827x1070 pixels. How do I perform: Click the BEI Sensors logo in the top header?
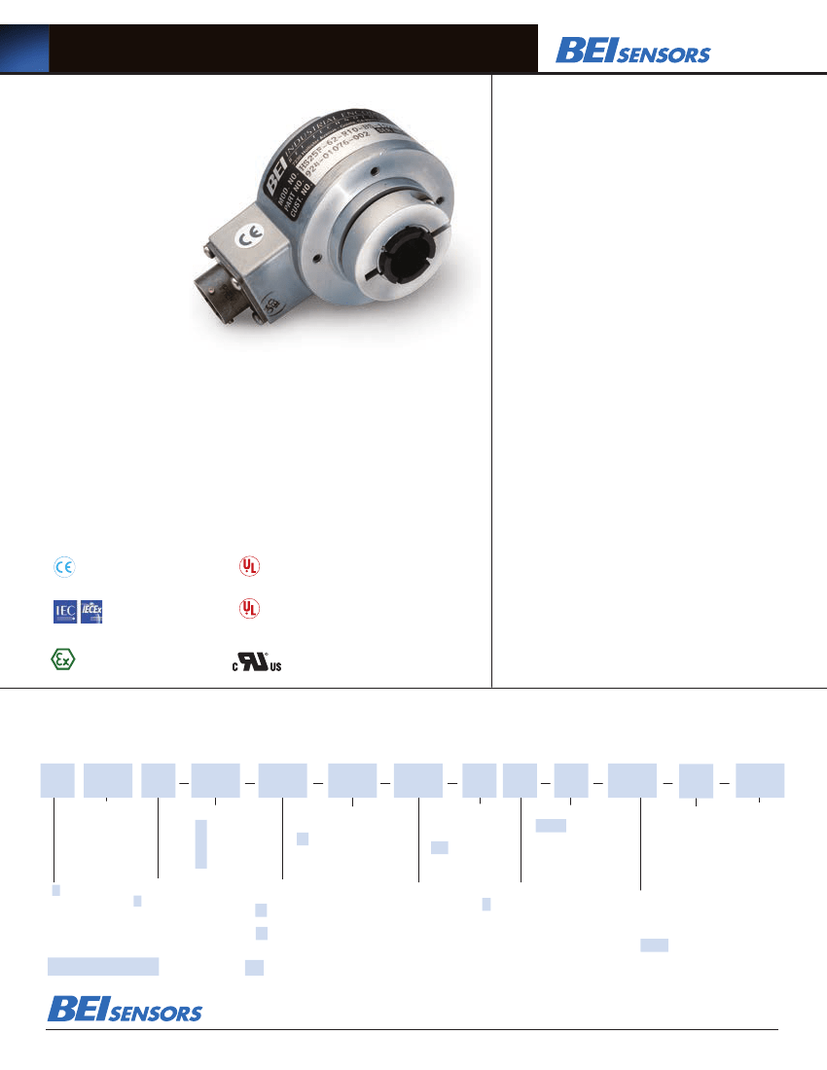(x=632, y=51)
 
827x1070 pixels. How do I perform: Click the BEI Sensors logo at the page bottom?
(x=125, y=1010)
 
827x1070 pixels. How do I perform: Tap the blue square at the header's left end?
(x=24, y=49)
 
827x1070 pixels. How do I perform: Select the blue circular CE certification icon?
(x=64, y=566)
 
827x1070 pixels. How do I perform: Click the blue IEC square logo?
(x=65, y=612)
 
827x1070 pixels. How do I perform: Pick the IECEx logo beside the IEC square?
(x=92, y=612)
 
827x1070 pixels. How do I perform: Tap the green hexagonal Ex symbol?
(x=62, y=659)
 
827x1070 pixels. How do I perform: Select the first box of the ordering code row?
(x=56, y=781)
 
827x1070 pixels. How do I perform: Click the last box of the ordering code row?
(x=760, y=781)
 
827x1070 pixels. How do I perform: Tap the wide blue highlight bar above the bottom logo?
(x=103, y=965)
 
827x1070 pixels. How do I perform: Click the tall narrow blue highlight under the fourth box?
(x=200, y=843)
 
